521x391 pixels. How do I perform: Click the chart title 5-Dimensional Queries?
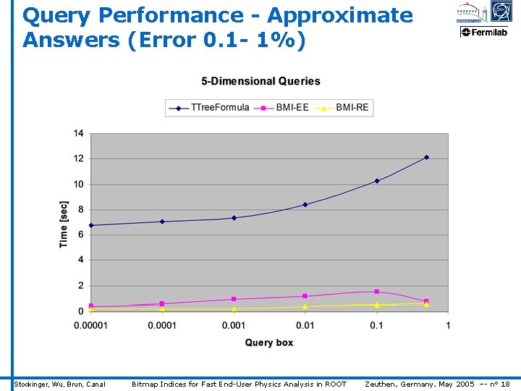click(x=260, y=81)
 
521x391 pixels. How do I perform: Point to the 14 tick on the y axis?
click(x=78, y=133)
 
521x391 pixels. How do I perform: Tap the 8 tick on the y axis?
click(x=80, y=209)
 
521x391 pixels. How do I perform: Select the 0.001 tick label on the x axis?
click(x=233, y=325)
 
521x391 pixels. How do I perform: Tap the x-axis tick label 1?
click(x=448, y=325)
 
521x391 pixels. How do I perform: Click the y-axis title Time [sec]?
click(x=64, y=224)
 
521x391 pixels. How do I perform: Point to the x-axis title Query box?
click(x=268, y=342)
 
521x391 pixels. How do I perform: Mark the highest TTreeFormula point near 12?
click(x=426, y=157)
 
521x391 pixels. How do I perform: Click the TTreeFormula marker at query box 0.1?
click(x=376, y=181)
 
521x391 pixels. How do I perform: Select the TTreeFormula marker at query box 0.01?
click(x=305, y=205)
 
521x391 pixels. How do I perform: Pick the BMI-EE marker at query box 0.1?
click(x=376, y=292)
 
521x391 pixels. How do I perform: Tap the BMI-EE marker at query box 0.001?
click(x=234, y=299)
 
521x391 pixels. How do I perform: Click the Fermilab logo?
click(x=485, y=32)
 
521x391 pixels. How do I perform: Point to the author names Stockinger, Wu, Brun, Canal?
click(x=60, y=384)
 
